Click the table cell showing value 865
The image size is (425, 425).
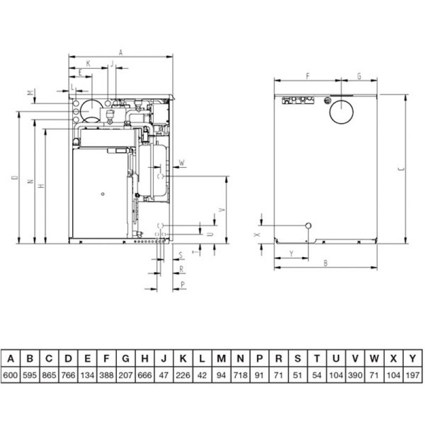(49, 376)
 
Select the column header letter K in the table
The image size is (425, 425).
(183, 359)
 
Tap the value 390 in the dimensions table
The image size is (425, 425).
(355, 376)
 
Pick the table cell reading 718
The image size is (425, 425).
(241, 376)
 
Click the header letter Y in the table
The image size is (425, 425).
(413, 359)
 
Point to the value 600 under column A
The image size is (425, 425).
(11, 376)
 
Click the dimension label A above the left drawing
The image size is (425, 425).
(121, 52)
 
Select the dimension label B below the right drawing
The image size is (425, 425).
(326, 263)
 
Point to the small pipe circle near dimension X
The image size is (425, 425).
(308, 225)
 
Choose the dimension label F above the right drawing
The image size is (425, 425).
(308, 76)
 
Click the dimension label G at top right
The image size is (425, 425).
(360, 76)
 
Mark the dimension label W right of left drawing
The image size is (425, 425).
(182, 163)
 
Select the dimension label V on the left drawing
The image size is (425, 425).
(222, 209)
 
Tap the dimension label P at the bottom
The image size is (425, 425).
(183, 285)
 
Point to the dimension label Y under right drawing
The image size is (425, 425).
(291, 254)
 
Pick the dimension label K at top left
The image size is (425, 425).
(88, 63)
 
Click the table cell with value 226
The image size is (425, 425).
(183, 376)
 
